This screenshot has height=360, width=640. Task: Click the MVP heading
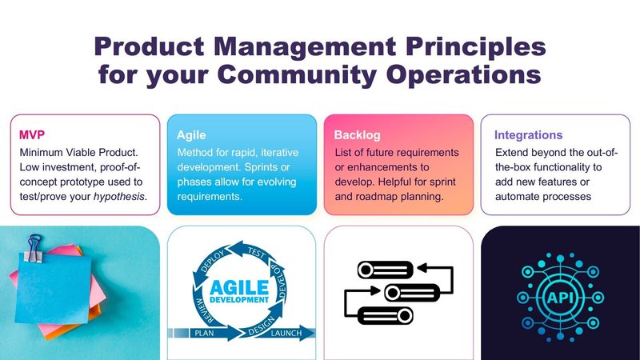(x=32, y=134)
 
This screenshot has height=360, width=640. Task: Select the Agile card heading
(x=191, y=135)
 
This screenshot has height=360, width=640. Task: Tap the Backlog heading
(x=357, y=135)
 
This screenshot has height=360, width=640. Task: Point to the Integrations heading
(x=528, y=135)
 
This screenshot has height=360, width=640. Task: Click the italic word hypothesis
(x=118, y=197)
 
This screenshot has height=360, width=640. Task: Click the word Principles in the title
(x=476, y=46)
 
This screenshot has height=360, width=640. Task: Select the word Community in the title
(x=297, y=74)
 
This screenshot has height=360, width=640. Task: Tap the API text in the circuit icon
(x=560, y=298)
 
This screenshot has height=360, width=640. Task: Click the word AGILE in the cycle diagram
(x=239, y=287)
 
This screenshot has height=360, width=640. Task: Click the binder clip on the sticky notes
(x=34, y=248)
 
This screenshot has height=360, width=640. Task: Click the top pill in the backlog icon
(x=386, y=270)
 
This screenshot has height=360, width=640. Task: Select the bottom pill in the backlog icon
(x=386, y=315)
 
